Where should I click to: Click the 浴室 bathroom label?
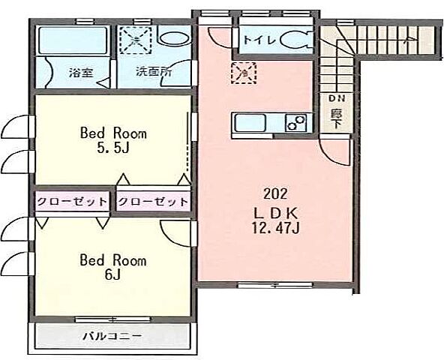pos(80,73)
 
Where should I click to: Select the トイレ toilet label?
pos(259,39)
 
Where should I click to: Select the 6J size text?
pos(113,274)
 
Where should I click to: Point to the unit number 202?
pos(271,191)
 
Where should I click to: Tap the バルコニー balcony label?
pos(112,334)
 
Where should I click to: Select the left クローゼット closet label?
pos(72,201)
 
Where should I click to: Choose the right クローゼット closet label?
pos(153,201)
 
